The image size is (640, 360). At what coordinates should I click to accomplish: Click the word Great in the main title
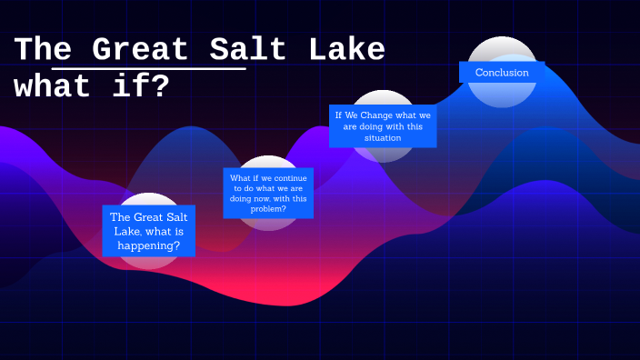(x=141, y=49)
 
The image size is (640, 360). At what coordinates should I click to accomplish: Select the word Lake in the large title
(x=346, y=49)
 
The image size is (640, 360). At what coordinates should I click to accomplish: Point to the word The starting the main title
(x=43, y=49)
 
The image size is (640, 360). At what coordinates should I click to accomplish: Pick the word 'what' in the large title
(x=53, y=86)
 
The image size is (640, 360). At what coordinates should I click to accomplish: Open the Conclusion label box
(x=502, y=73)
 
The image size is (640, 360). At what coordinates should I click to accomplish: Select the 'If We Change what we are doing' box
(x=383, y=126)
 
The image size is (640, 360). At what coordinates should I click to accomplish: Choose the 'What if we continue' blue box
(x=268, y=193)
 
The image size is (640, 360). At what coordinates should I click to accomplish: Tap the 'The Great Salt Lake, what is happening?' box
(x=148, y=231)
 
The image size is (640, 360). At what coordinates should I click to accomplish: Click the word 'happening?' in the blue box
(x=149, y=245)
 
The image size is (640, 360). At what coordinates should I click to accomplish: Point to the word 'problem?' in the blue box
(x=268, y=209)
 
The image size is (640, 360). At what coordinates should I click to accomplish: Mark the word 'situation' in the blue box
(x=383, y=138)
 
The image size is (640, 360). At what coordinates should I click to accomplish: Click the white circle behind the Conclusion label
(x=502, y=47)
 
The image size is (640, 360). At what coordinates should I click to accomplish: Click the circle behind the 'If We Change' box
(x=383, y=98)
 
